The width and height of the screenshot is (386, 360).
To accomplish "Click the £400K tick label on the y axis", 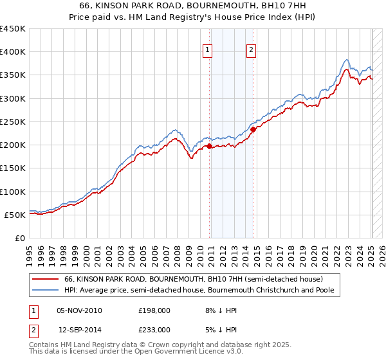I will pyautogui.click(x=12, y=52).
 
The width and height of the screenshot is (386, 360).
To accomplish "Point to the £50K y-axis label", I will pyautogui.click(x=15, y=215).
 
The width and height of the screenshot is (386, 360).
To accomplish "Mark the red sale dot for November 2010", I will pyautogui.click(x=210, y=146).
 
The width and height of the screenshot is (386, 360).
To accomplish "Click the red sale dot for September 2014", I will pyautogui.click(x=253, y=129).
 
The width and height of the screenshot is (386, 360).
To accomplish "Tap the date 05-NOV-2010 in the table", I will pyautogui.click(x=79, y=310).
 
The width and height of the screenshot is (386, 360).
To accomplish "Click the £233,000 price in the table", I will pyautogui.click(x=154, y=329).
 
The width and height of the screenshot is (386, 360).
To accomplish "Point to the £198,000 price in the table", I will pyautogui.click(x=154, y=310).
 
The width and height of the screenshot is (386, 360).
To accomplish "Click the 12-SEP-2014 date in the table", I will pyautogui.click(x=80, y=329).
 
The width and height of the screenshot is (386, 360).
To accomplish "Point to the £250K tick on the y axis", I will pyautogui.click(x=12, y=122).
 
